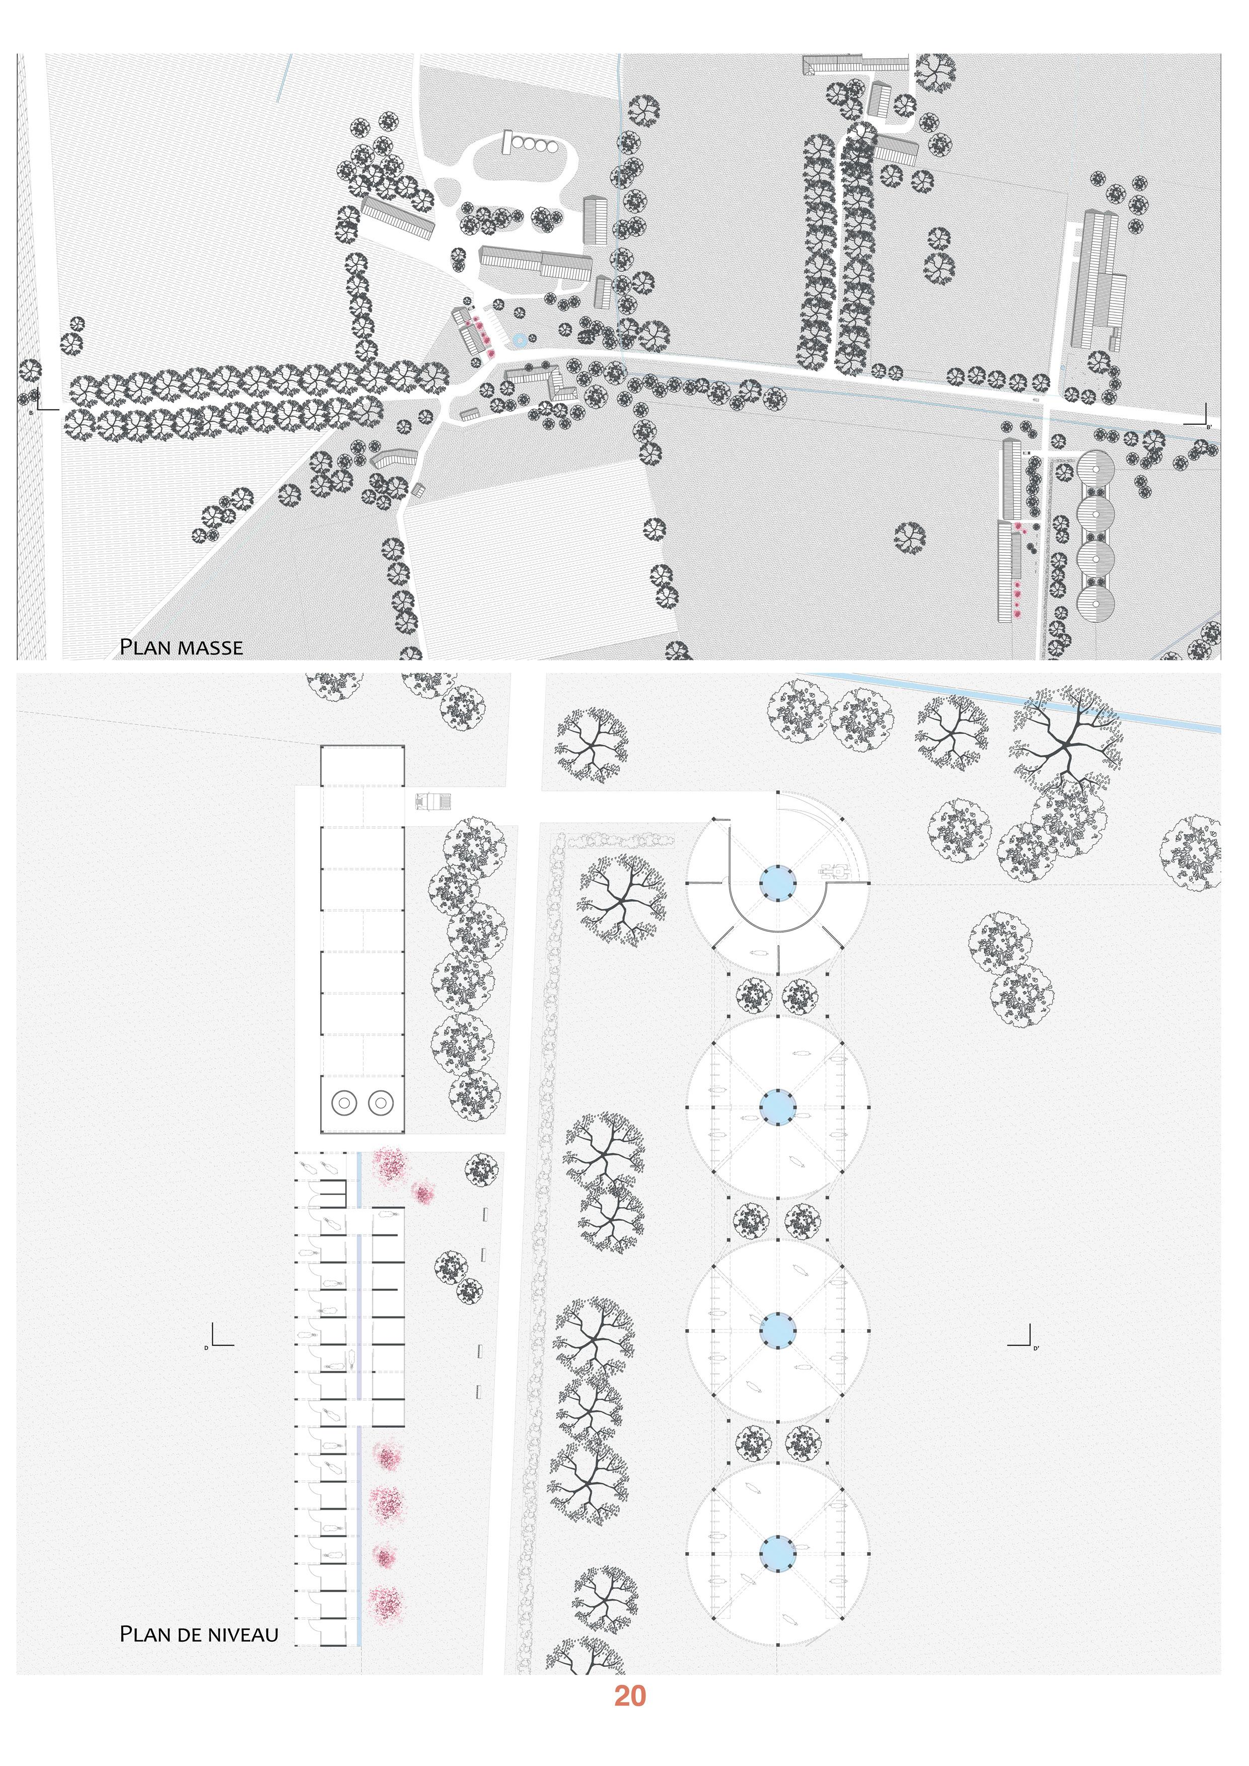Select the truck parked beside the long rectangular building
433,802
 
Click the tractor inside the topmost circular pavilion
835,871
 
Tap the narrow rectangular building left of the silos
507,142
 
